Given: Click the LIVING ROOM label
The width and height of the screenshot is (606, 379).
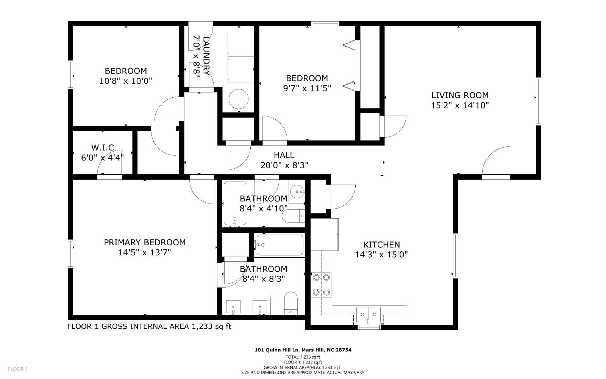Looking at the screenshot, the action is tap(460, 95).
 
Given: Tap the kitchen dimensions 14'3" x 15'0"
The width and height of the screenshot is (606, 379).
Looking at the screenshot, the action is tap(381, 255).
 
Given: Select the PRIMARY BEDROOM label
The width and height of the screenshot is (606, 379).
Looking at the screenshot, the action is tap(145, 242).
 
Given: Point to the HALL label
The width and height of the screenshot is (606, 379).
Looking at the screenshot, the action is tap(284, 155).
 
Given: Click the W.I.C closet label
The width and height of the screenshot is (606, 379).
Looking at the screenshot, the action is tap(103, 147).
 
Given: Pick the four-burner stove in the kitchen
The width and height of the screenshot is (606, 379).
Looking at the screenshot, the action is tap(321, 285).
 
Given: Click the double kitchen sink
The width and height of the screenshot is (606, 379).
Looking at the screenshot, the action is tap(368, 315).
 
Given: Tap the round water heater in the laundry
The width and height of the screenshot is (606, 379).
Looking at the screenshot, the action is tap(238, 99).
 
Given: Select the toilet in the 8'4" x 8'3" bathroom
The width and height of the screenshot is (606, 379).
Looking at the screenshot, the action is tap(291, 304).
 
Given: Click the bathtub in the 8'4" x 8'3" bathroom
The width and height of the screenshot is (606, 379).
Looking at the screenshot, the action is tap(280, 245).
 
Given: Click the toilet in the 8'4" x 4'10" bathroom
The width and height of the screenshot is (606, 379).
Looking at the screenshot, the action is tap(293, 216).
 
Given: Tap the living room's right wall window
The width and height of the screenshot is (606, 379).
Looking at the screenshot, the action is tap(538, 102).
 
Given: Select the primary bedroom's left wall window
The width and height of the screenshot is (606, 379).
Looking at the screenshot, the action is tap(70, 254).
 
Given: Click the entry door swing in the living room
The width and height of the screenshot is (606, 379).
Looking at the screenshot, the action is tap(496, 161).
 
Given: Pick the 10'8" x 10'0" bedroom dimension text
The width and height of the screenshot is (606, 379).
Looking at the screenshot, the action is tap(126, 81).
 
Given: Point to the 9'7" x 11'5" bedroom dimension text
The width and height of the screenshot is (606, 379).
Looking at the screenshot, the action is tap(307, 88).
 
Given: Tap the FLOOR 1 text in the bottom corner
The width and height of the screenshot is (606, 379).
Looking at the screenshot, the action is tap(18, 369).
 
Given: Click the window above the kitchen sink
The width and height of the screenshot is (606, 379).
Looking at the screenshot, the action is tap(369, 327).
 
